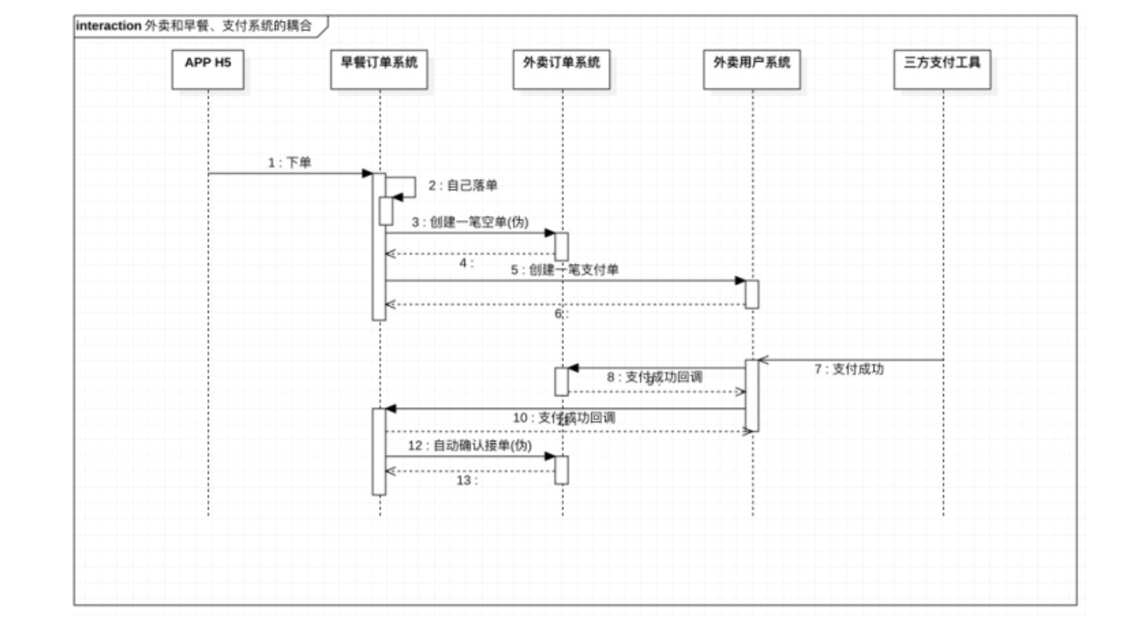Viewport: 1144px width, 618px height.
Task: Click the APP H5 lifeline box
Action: click(207, 69)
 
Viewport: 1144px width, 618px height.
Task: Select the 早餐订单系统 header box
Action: click(379, 69)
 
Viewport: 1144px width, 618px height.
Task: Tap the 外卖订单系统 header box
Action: click(561, 69)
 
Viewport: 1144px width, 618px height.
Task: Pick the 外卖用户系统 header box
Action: click(752, 69)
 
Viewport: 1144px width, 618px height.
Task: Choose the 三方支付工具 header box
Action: click(942, 69)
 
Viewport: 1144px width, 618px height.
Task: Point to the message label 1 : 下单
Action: click(289, 162)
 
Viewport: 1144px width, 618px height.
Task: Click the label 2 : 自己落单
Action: click(462, 185)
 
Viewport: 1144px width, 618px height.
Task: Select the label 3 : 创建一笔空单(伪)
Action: click(470, 222)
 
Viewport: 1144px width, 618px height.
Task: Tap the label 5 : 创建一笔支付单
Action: click(564, 270)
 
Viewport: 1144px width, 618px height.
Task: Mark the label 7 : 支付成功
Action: click(848, 369)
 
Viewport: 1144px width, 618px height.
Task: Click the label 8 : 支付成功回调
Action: click(654, 377)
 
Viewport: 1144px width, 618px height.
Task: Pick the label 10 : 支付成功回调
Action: click(563, 417)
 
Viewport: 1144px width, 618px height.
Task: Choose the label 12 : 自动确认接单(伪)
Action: click(469, 445)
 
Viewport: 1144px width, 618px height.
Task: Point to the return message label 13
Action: click(466, 481)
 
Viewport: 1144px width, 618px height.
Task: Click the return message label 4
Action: click(466, 263)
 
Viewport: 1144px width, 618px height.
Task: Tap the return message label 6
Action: click(560, 313)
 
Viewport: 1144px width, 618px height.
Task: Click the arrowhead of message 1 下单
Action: click(368, 173)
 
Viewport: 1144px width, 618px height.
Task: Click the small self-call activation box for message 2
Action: click(386, 211)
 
